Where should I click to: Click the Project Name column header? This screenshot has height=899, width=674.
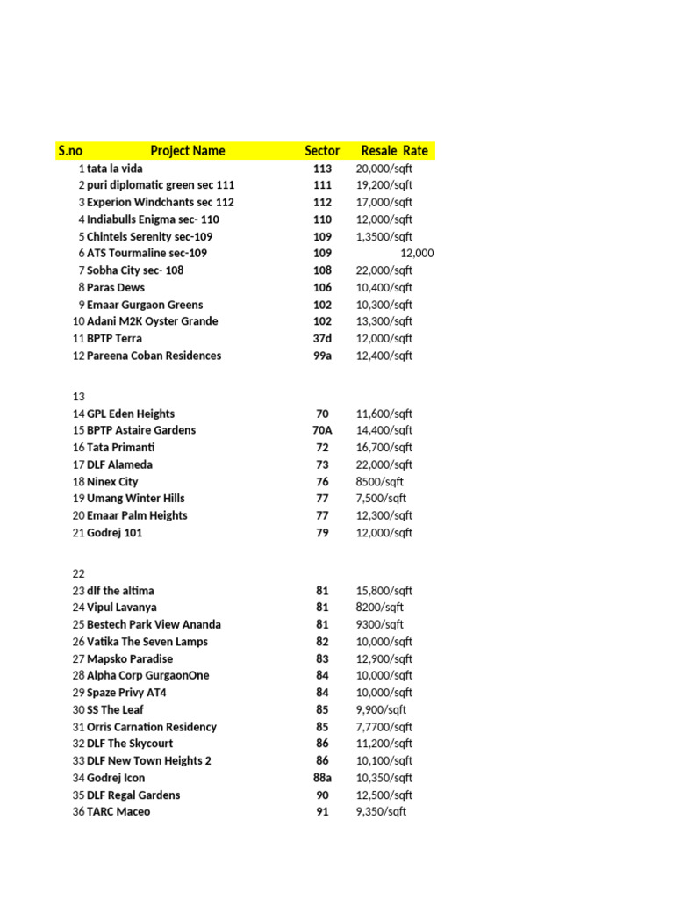187,151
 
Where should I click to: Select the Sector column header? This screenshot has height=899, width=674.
322,151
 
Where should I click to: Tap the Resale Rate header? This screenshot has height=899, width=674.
394,151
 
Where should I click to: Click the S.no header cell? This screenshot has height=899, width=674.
70,151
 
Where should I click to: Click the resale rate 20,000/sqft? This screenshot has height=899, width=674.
384,169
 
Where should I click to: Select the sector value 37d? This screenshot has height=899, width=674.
322,339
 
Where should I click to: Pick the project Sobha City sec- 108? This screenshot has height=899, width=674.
135,270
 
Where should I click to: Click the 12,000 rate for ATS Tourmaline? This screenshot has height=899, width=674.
417,254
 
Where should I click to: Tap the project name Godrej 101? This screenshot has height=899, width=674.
114,533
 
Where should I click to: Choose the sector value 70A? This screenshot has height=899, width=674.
322,431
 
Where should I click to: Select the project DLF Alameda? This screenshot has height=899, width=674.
119,465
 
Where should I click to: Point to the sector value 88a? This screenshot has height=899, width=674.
322,779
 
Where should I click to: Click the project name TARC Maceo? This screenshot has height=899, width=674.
118,812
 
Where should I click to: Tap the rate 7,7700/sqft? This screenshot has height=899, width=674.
384,727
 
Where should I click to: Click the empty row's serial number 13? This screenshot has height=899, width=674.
79,397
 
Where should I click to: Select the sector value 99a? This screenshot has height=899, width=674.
322,356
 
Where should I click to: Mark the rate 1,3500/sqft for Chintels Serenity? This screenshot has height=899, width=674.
384,237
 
